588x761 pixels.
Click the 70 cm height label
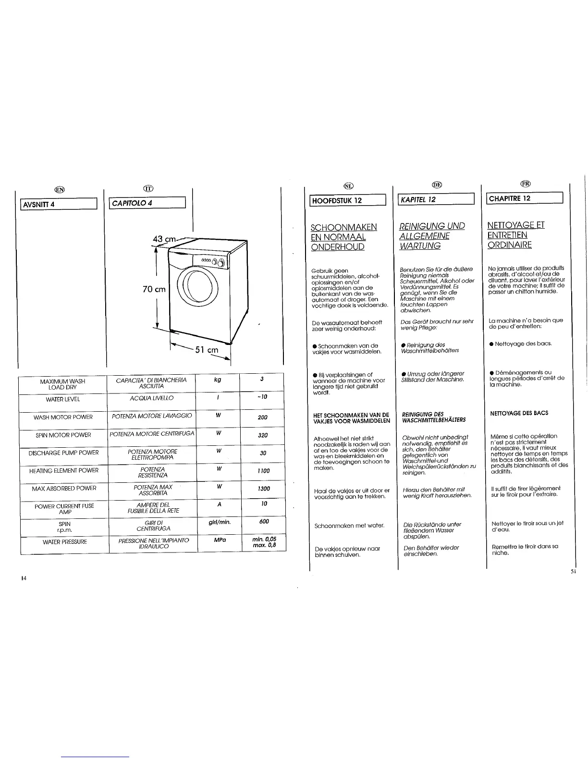tap(154, 289)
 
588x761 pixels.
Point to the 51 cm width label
tap(207, 350)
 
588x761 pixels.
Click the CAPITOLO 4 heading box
tap(147, 203)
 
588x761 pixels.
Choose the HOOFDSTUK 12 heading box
tap(347, 200)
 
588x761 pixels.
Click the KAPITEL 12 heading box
tap(436, 199)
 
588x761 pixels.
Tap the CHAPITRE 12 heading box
tap(525, 198)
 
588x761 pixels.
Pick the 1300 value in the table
tap(263, 489)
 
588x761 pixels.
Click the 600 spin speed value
tap(264, 521)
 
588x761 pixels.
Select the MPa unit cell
tap(220, 540)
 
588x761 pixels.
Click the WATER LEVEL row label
tap(63, 399)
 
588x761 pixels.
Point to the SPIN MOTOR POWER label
tap(63, 435)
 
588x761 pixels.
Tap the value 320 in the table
tap(263, 436)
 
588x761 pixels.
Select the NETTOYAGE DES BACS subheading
tap(519, 413)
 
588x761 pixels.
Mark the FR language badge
tap(525, 183)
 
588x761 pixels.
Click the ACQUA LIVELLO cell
tap(152, 398)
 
